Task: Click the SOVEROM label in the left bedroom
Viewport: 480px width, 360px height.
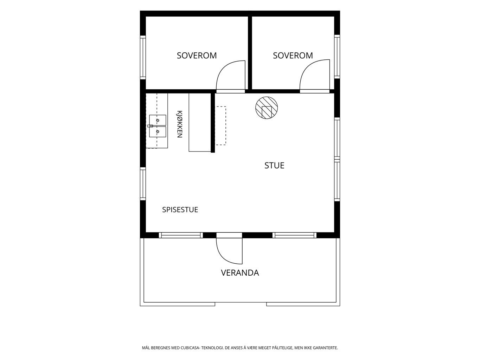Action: [x=197, y=56]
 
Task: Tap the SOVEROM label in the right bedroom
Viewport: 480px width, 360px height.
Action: [x=293, y=56]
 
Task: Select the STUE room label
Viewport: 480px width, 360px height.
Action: [x=274, y=166]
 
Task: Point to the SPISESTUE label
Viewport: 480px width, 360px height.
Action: [x=180, y=210]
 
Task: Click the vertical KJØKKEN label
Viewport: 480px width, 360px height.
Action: [x=179, y=124]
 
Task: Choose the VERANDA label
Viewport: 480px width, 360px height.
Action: [x=240, y=273]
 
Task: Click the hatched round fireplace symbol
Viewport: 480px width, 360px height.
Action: [x=267, y=108]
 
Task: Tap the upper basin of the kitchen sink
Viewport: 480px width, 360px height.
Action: [x=158, y=120]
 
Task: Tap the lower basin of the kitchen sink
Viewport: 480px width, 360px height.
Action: [x=158, y=132]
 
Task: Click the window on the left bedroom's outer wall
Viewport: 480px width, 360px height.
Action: [x=143, y=58]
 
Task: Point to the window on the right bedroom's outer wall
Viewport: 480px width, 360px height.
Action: [x=337, y=56]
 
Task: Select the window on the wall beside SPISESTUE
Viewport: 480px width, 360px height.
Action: [x=143, y=184]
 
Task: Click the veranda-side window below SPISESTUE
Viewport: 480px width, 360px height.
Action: [x=181, y=235]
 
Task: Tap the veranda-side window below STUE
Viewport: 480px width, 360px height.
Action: [x=295, y=235]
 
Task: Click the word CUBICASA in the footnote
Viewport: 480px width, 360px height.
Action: [x=190, y=348]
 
